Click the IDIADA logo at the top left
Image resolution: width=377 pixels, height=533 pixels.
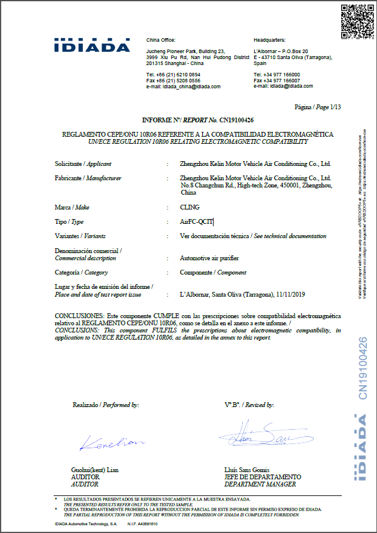click(92, 45)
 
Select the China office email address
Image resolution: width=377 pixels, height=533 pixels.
click(191, 87)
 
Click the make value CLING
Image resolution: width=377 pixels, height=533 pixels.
click(190, 207)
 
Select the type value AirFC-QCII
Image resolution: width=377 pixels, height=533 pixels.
click(196, 221)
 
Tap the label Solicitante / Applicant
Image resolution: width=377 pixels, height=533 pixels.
click(83, 164)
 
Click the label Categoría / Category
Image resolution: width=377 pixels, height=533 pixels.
click(81, 273)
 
